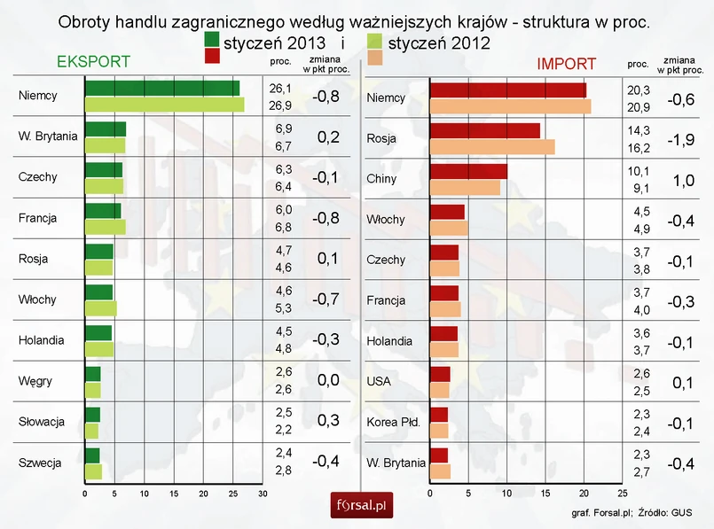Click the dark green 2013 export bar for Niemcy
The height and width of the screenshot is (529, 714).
click(161, 88)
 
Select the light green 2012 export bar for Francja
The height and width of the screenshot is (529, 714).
click(105, 226)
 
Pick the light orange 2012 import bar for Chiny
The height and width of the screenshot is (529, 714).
click(464, 187)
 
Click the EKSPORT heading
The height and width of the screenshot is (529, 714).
click(93, 62)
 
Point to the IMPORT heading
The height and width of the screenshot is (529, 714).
click(566, 64)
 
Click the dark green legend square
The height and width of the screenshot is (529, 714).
click(212, 41)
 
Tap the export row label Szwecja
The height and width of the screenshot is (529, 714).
click(39, 463)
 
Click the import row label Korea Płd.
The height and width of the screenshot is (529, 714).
click(393, 422)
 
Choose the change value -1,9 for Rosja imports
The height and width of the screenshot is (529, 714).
click(680, 139)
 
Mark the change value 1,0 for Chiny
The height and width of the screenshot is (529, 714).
click(680, 180)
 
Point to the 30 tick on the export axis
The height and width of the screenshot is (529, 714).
click(263, 493)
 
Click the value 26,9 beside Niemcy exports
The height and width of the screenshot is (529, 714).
click(280, 105)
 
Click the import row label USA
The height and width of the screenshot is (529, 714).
click(379, 382)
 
